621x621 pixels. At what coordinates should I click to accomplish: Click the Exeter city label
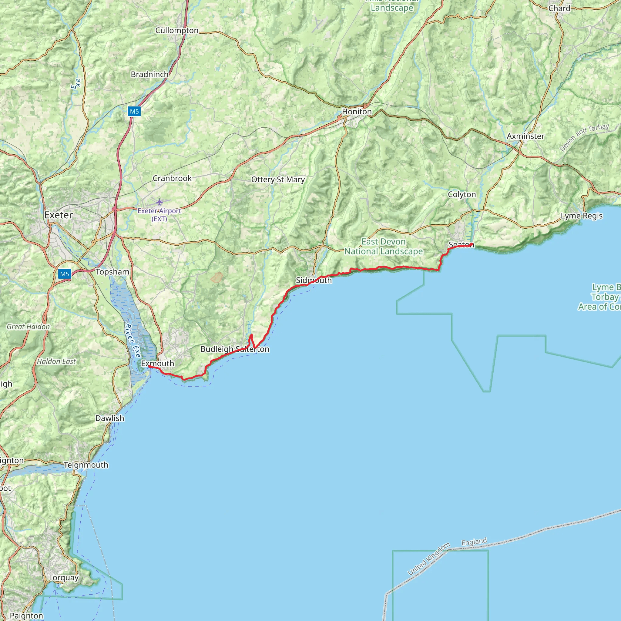(x=59, y=215)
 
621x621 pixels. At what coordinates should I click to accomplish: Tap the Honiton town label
(x=357, y=112)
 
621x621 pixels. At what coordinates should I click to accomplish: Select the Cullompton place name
(x=177, y=31)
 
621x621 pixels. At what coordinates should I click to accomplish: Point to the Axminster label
(x=525, y=136)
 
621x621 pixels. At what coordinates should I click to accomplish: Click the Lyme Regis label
(x=582, y=216)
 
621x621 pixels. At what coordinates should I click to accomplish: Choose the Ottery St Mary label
(x=278, y=180)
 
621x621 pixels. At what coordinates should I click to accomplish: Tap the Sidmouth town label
(x=314, y=280)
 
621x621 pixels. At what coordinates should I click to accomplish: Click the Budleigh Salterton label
(x=235, y=349)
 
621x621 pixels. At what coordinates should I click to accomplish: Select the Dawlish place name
(x=109, y=418)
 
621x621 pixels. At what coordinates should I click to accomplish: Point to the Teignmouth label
(x=86, y=465)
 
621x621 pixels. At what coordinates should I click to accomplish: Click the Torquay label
(x=64, y=578)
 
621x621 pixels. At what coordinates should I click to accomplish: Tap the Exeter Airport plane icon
(x=159, y=202)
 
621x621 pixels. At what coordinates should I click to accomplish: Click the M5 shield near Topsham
(x=64, y=274)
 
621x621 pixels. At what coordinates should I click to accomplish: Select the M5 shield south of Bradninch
(x=134, y=112)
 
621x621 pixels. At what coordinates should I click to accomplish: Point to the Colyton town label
(x=462, y=194)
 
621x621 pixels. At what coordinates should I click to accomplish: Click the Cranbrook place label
(x=172, y=178)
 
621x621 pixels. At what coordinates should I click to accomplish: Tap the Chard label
(x=559, y=8)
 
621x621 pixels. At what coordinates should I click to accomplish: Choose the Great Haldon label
(x=28, y=327)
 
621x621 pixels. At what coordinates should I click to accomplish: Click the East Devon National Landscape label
(x=384, y=247)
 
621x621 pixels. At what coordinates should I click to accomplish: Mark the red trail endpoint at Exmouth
(x=150, y=366)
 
